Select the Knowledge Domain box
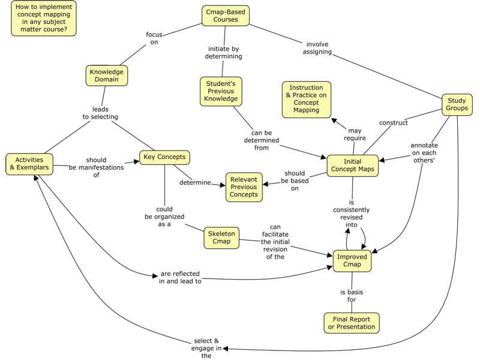[x=106, y=76]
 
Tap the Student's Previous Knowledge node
[x=221, y=91]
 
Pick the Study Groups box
[x=457, y=104]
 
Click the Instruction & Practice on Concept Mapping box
[x=306, y=100]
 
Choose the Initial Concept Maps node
[x=353, y=166]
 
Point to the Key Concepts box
[x=164, y=158]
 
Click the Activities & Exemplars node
[x=29, y=163]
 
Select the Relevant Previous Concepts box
[x=244, y=186]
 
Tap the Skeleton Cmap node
[x=221, y=237]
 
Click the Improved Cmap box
[x=352, y=261]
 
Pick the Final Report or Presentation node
[x=352, y=323]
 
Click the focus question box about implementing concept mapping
[x=43, y=18]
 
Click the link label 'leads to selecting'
[x=100, y=113]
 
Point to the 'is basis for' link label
[x=352, y=296]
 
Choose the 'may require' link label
[x=355, y=134]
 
